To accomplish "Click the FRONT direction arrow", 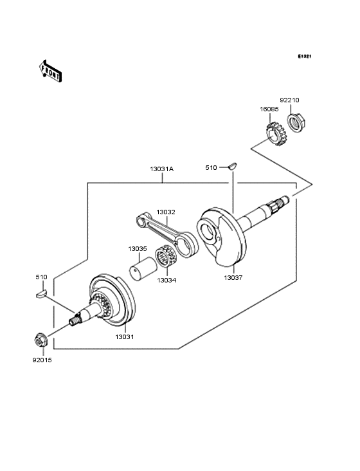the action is point(50,71).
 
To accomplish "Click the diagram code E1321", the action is point(304,56).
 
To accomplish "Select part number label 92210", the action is point(289,100).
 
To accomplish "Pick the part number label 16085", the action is point(269,109).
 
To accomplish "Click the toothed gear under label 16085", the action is point(276,134).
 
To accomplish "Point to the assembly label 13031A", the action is point(162,169).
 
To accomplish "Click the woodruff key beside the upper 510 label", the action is point(233,166).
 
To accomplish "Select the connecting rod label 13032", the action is point(166,212).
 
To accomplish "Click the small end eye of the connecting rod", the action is point(141,221).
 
